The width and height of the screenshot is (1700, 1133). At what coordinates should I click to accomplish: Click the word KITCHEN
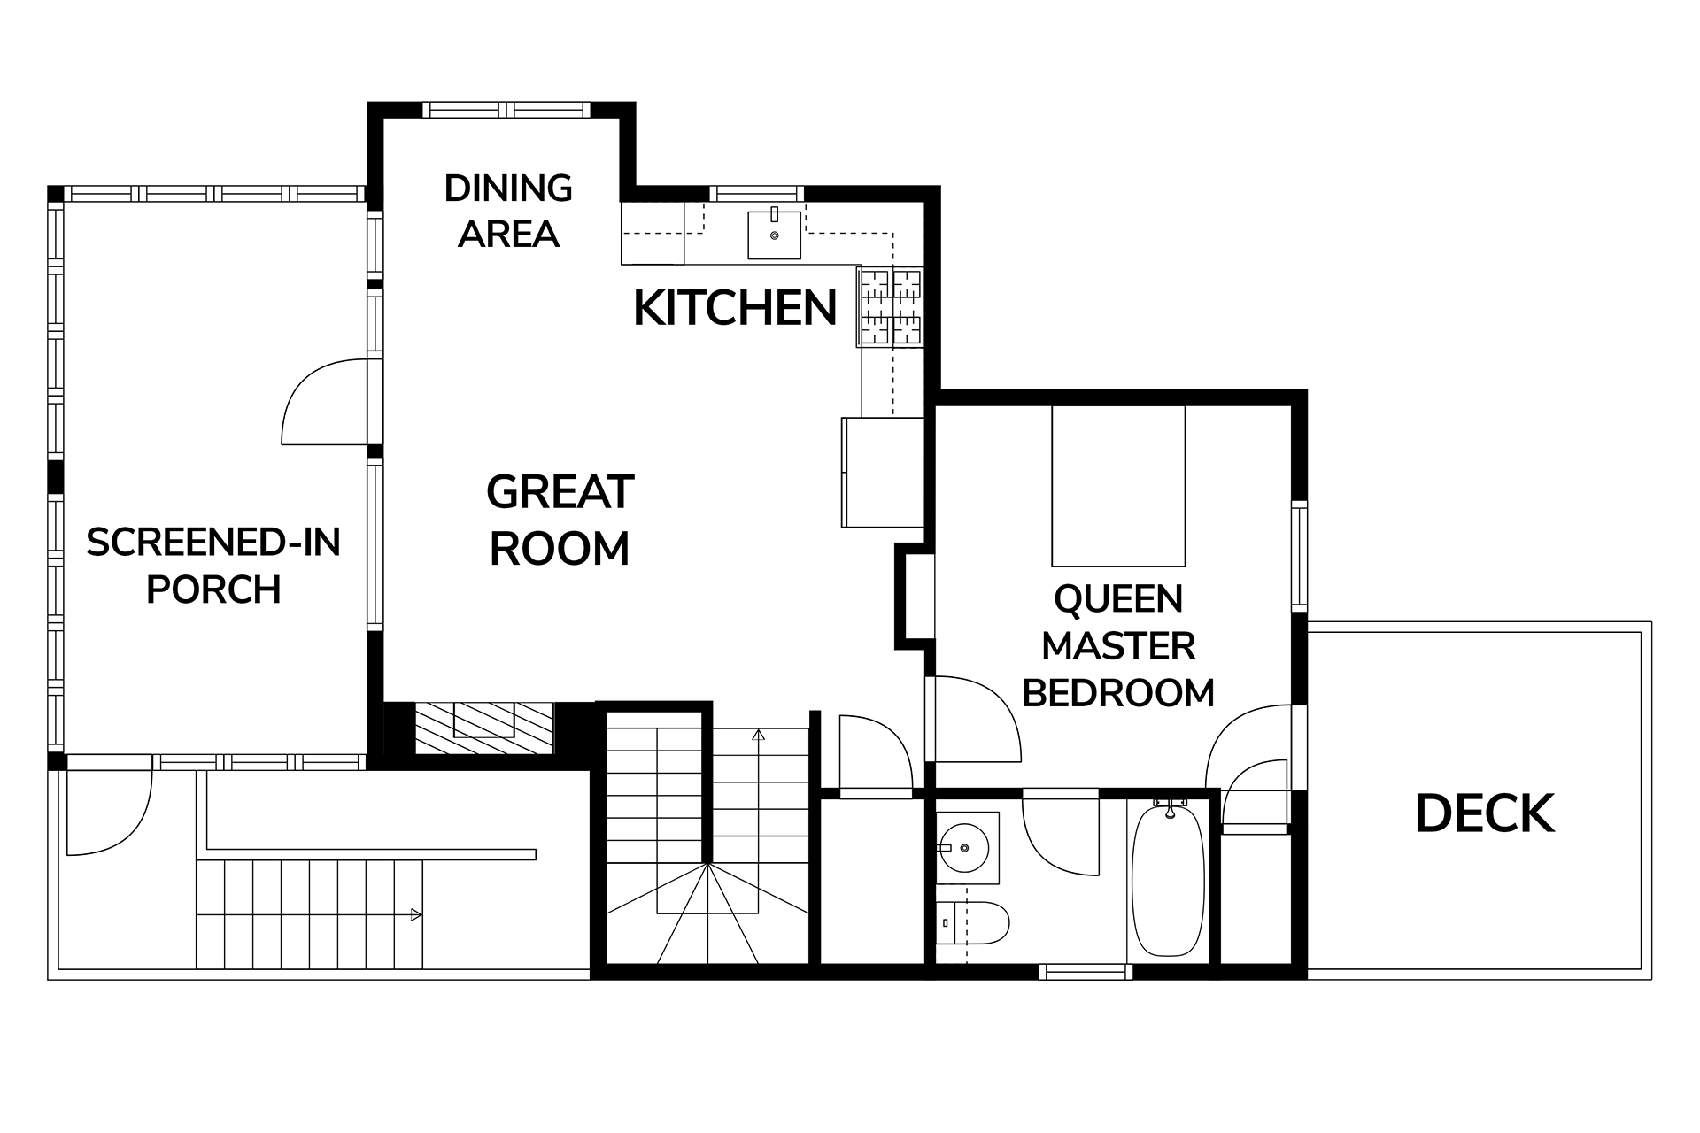tap(735, 308)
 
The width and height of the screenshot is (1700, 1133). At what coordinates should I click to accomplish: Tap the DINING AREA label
tap(508, 211)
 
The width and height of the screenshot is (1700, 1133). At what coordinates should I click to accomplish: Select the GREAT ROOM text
tap(560, 520)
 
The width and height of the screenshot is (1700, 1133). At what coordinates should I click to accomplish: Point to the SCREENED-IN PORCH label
tap(213, 566)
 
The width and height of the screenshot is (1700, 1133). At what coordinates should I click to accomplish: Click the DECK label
tap(1485, 814)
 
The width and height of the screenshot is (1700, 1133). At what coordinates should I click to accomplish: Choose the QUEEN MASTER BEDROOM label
tap(1118, 646)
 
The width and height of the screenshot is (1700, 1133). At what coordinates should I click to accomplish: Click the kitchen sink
tap(775, 235)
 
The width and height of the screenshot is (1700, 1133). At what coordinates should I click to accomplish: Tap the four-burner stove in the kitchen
tap(890, 306)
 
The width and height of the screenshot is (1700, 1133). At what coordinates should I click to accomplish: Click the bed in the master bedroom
tap(1118, 486)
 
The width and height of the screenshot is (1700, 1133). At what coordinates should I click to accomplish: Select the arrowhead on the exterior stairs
tap(416, 916)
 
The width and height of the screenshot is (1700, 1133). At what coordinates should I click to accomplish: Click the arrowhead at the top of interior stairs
tap(758, 735)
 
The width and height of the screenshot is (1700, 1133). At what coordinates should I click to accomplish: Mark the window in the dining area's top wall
tap(506, 110)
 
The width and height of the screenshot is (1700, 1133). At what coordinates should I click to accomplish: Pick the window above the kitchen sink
tap(756, 193)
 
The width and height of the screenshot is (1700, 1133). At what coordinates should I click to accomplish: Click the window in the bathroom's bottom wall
tap(1086, 972)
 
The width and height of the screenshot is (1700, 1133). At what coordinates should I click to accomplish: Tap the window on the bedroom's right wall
tap(1299, 555)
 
